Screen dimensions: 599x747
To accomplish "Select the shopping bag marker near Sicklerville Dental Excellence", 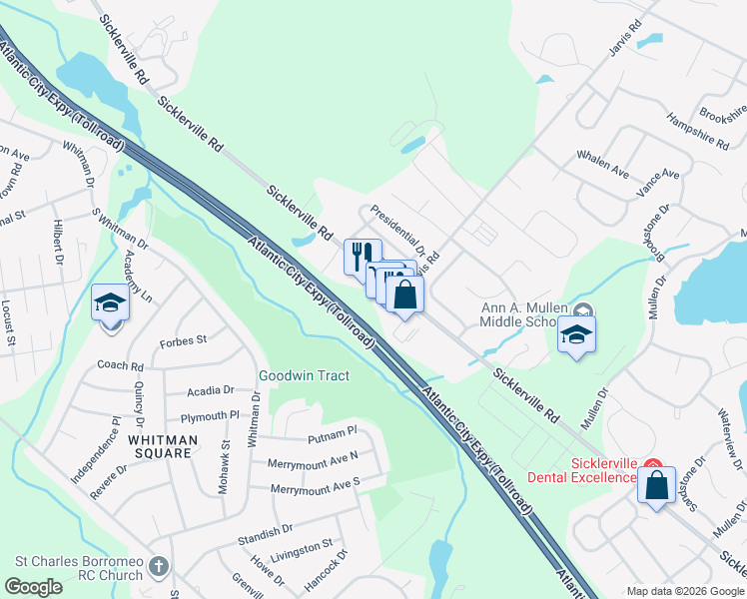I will [657, 486].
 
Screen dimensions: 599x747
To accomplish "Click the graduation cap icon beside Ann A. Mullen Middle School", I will [576, 334].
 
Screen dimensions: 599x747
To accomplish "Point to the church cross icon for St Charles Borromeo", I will [158, 568].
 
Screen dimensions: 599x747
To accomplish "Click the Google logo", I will [34, 587].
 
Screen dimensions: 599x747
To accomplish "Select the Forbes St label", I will [183, 340].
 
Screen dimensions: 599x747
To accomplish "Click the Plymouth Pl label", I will [211, 416].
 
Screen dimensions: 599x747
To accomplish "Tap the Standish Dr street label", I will [265, 530].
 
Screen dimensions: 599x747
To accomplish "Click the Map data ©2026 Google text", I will [684, 590].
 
